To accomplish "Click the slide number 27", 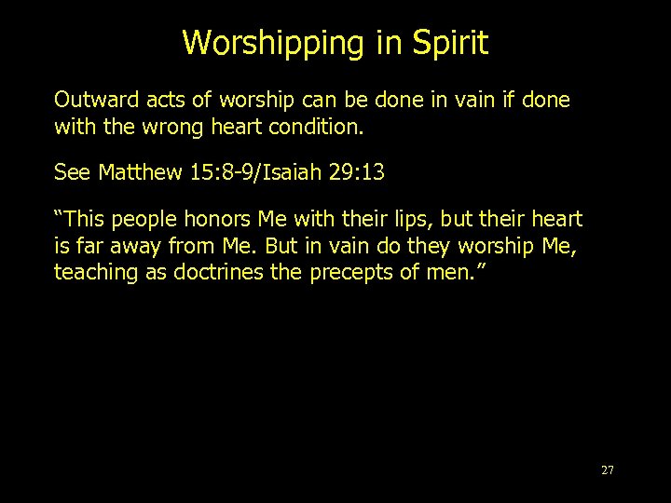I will (x=608, y=470).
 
